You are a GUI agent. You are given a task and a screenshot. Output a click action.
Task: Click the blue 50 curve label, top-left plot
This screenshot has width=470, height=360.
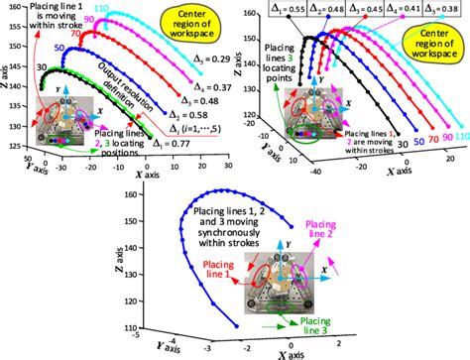tap(61, 48)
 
